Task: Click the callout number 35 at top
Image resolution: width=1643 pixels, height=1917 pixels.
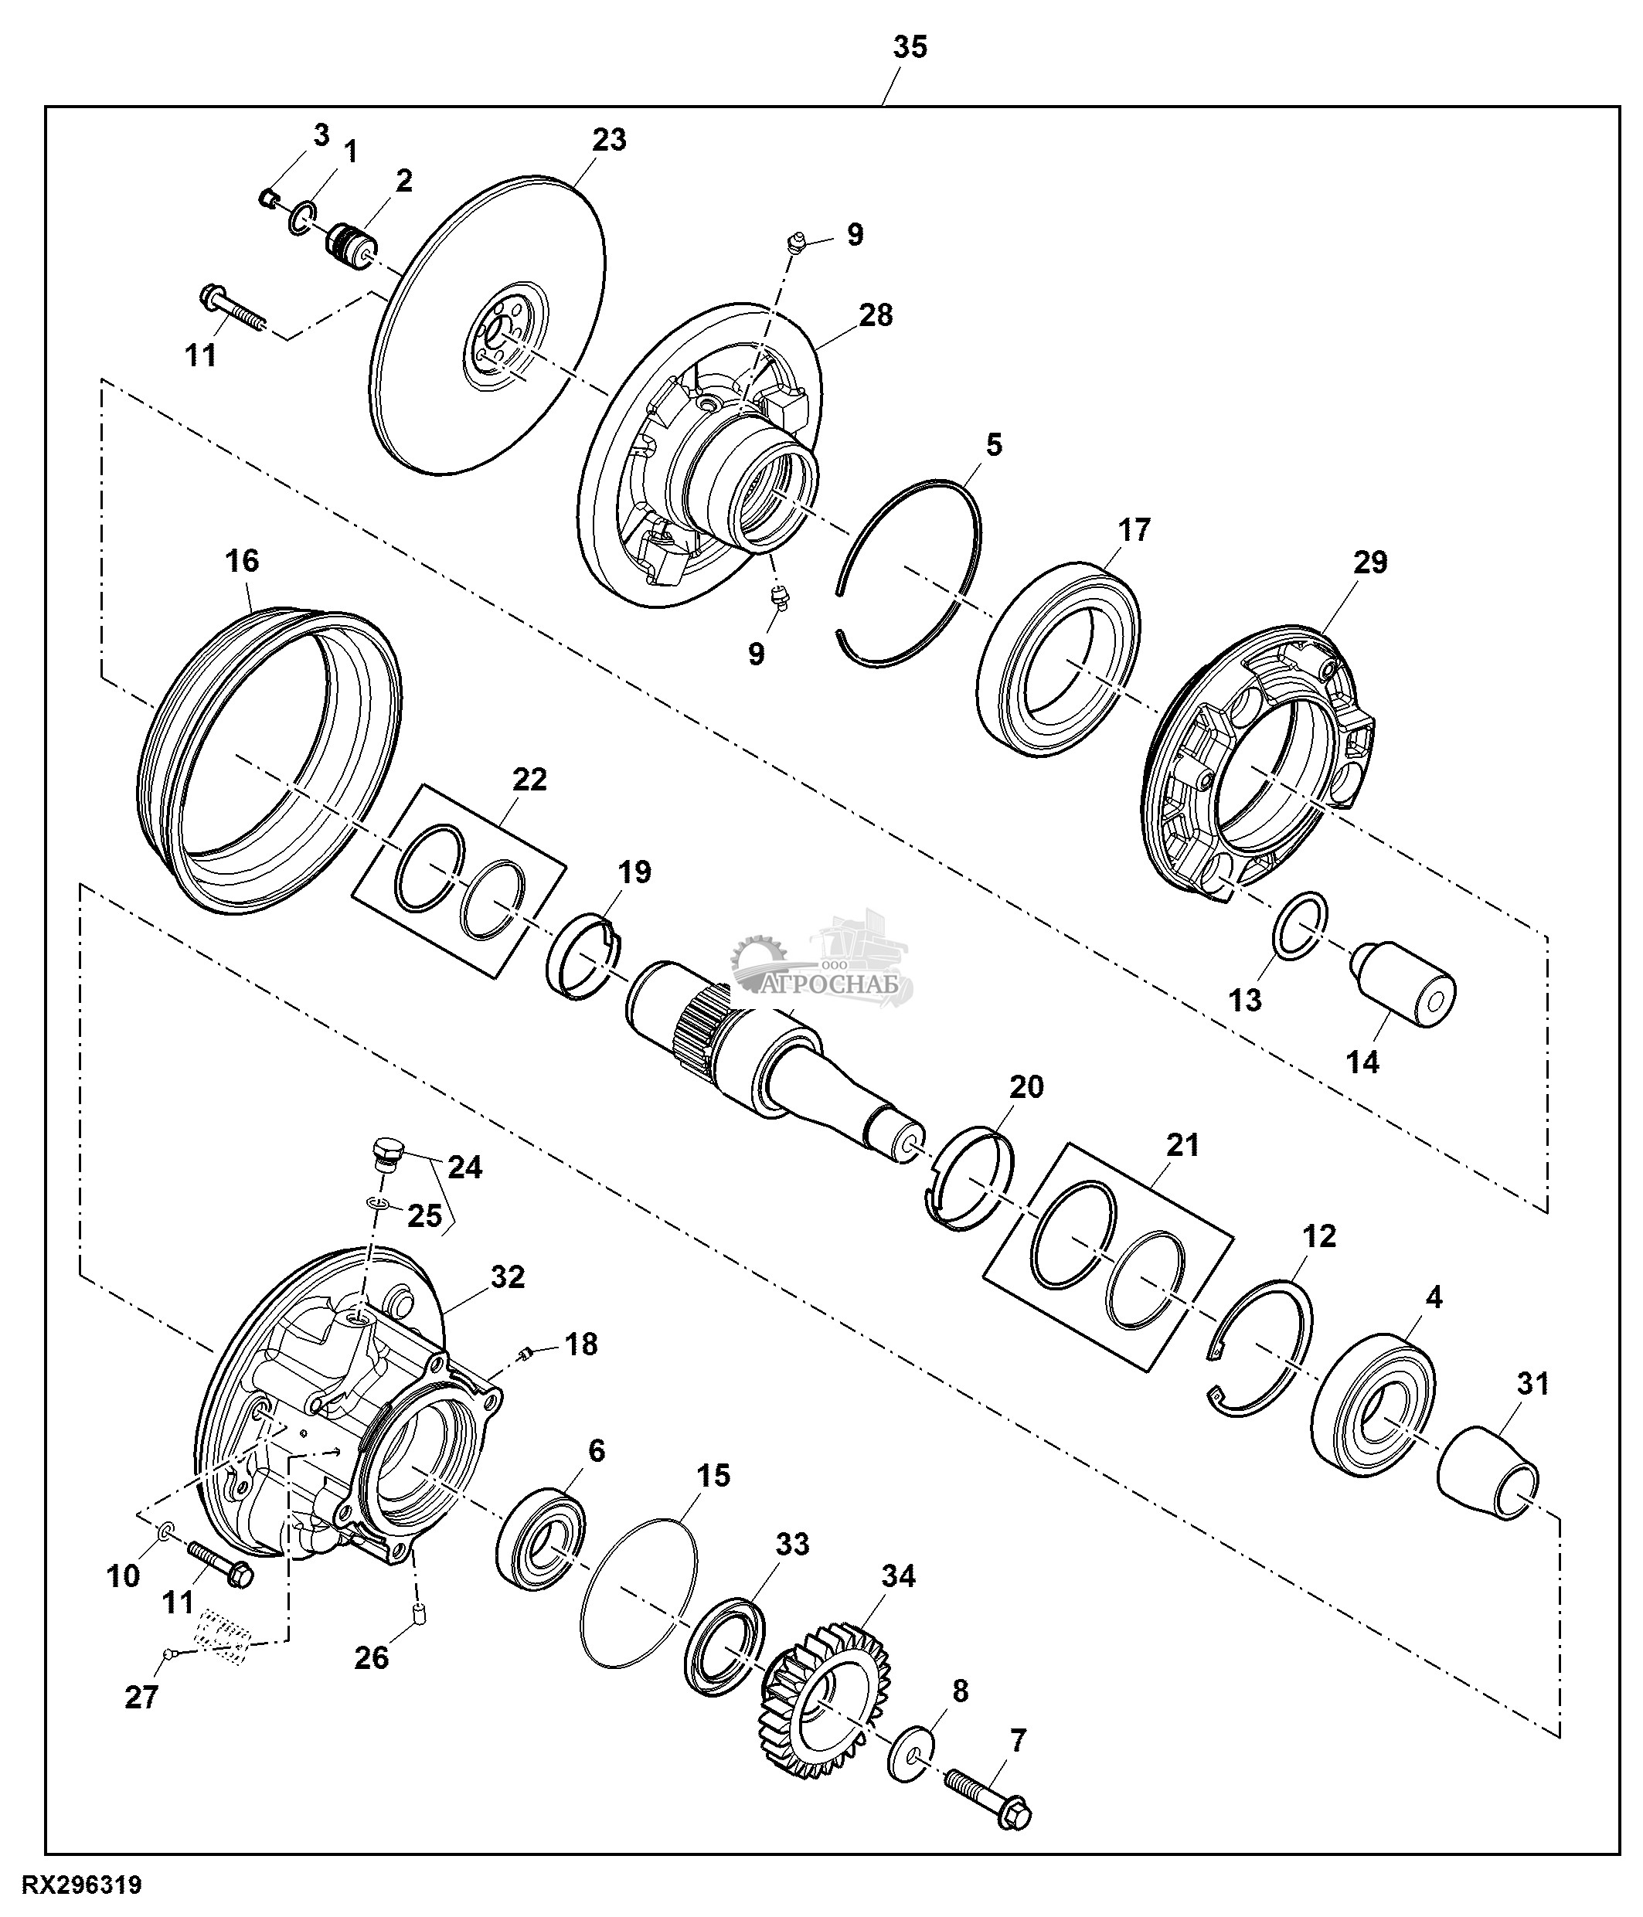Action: (910, 47)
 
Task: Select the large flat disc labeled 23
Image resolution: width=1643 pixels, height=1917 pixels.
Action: (493, 325)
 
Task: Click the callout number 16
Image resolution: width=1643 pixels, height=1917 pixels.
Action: (243, 561)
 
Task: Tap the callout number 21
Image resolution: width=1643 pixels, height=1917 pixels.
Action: (1182, 1144)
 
